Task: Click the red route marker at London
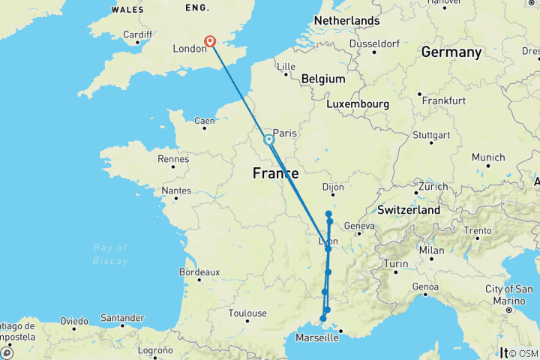pos(211,42)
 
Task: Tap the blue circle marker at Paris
pos(268,139)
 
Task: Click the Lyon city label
pos(328,241)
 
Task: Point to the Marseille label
pos(316,337)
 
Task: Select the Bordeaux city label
pos(199,272)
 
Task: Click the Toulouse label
pos(248,313)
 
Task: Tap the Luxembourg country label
pos(356,103)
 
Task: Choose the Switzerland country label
pos(409,210)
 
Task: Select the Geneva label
pos(359,226)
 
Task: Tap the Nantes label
pos(176,191)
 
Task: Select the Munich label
pos(488,157)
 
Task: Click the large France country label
pos(275,172)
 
